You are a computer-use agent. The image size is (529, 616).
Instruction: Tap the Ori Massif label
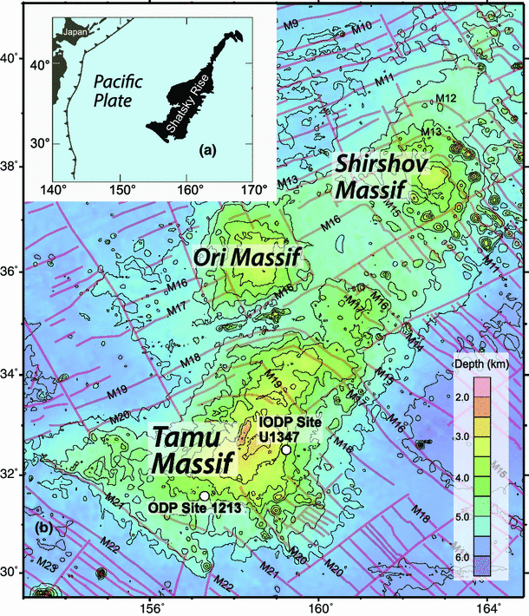click(x=248, y=257)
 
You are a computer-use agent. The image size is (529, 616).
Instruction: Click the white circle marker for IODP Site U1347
click(x=285, y=449)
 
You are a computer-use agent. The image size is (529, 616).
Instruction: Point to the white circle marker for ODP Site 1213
click(x=205, y=494)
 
